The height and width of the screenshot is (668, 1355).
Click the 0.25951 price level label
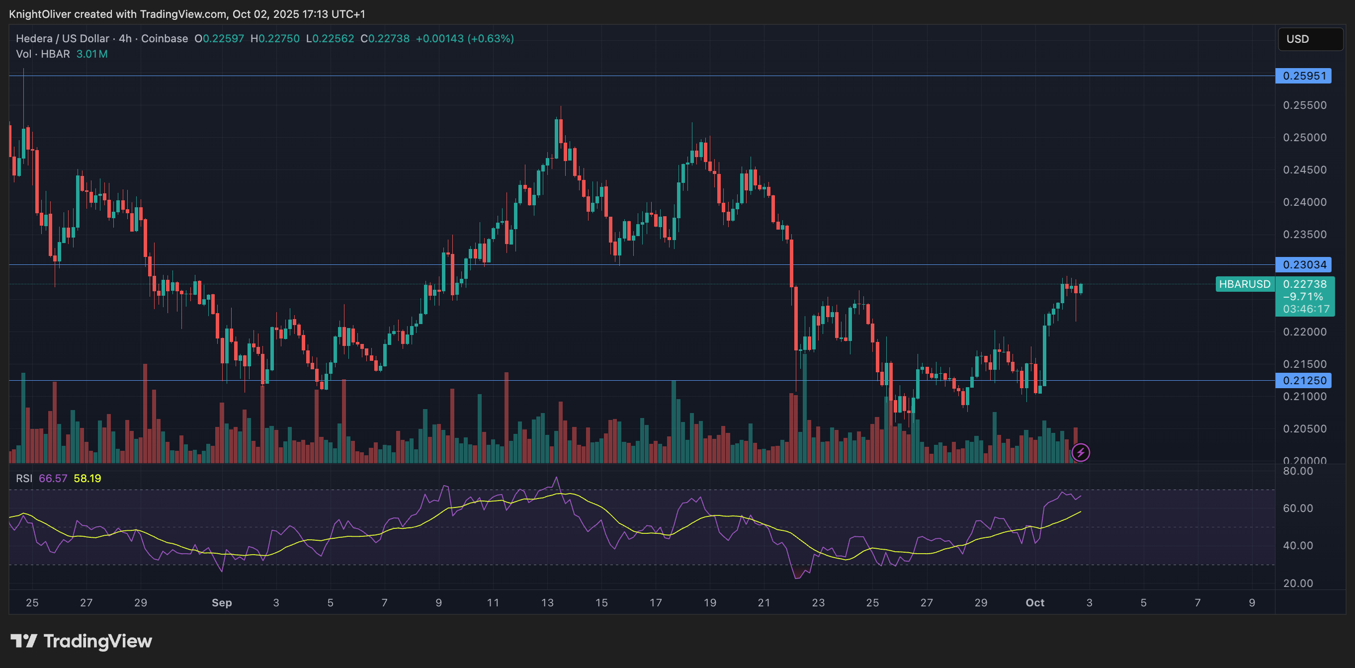[1303, 76]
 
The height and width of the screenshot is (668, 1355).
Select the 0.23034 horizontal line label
[1303, 264]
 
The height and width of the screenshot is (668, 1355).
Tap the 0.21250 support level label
[1303, 380]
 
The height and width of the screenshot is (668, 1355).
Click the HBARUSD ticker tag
[1245, 284]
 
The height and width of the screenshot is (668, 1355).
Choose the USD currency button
[1310, 39]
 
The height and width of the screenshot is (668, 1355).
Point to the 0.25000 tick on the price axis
[1304, 137]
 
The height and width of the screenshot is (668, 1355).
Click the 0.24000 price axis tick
[1304, 202]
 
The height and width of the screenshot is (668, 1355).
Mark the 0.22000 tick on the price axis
[1304, 332]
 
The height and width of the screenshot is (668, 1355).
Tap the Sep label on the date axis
[222, 603]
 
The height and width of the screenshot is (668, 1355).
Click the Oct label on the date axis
[1035, 603]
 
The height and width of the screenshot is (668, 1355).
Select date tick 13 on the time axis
[547, 603]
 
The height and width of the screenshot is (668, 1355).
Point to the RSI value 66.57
[53, 478]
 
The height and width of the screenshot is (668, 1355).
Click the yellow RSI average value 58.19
[87, 478]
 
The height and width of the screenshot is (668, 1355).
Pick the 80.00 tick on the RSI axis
[1298, 471]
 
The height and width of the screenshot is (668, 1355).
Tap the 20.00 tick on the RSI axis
[1298, 583]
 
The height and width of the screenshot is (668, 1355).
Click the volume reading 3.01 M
[91, 54]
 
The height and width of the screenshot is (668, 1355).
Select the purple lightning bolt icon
[1081, 452]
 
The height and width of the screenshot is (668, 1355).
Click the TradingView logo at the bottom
[82, 641]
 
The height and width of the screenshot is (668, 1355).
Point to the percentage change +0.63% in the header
[491, 38]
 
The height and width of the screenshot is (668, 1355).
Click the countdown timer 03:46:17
[1306, 309]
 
